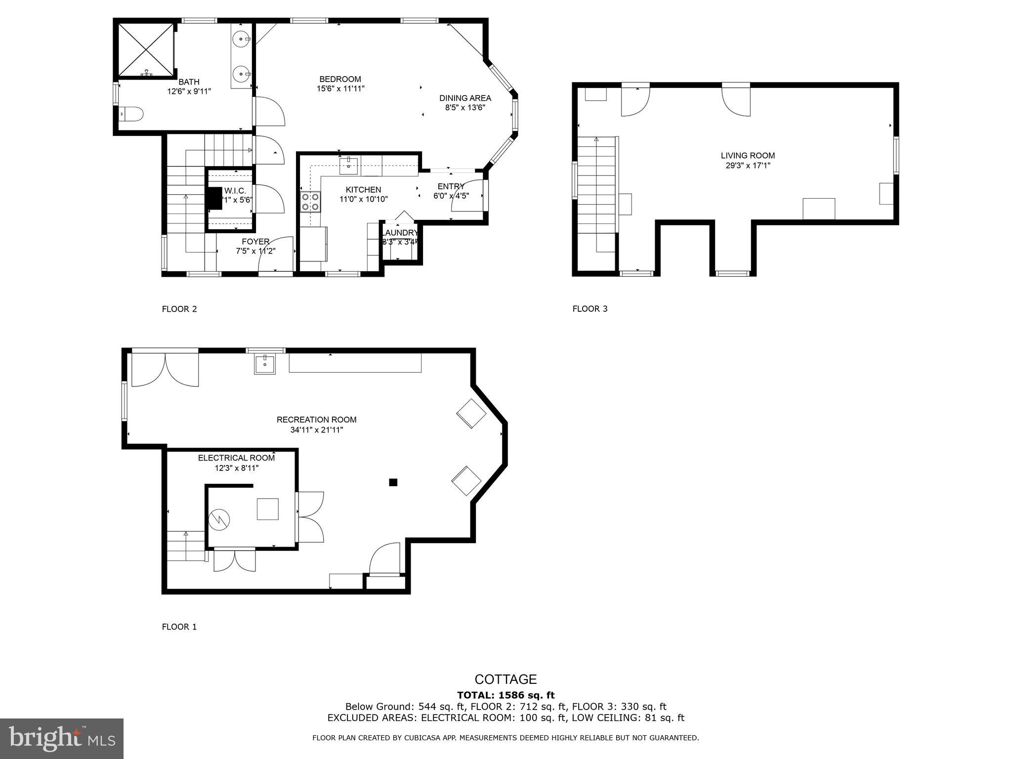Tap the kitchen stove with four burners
(x=310, y=202)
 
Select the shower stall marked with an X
(x=146, y=50)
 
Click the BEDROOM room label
(x=340, y=79)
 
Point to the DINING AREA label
(x=465, y=98)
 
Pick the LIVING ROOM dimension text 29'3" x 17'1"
(x=748, y=166)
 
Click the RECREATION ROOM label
(x=316, y=420)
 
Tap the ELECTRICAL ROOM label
(x=236, y=458)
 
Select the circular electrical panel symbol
(x=219, y=519)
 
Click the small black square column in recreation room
(x=393, y=482)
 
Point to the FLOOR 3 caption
(x=590, y=309)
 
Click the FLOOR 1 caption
(x=179, y=627)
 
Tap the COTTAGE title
(x=506, y=679)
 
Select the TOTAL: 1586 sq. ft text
(x=506, y=695)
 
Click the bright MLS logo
(x=61, y=738)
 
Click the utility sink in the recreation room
(x=265, y=364)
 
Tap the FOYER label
(x=255, y=242)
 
